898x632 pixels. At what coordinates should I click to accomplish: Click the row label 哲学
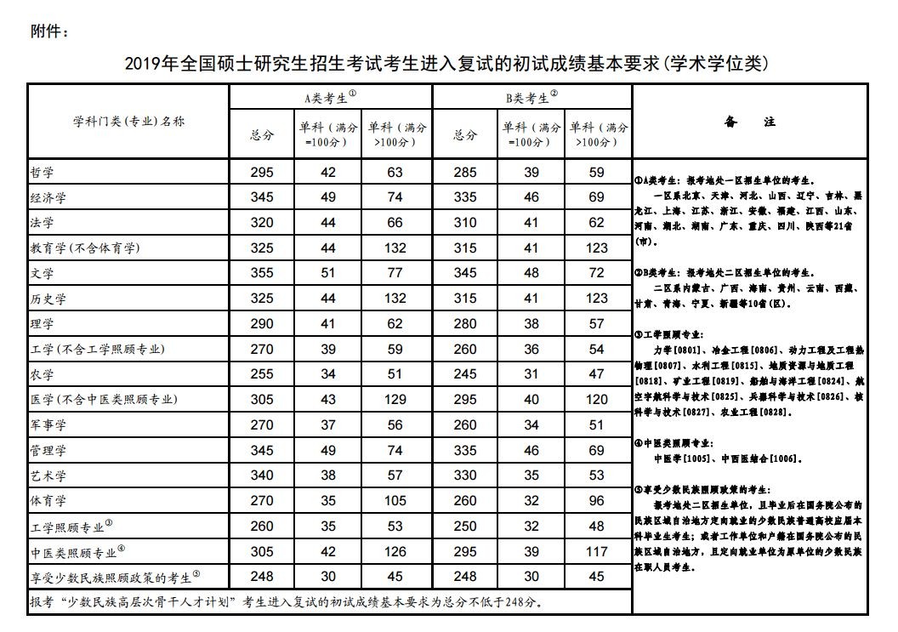coord(42,173)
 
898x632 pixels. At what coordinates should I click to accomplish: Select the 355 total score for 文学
coord(262,273)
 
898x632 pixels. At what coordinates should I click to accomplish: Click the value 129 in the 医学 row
coord(395,399)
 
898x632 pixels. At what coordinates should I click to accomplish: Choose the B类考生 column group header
coord(531,97)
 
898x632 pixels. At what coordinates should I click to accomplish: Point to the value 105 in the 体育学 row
coord(395,500)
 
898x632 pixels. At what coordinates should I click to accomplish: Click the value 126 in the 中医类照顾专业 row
coord(395,551)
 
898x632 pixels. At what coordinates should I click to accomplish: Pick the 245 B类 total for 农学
coord(465,374)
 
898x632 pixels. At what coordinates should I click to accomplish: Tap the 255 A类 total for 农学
coord(262,374)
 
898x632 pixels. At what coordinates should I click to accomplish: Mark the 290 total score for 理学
coord(262,324)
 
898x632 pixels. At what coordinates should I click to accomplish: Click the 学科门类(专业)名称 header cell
coord(128,122)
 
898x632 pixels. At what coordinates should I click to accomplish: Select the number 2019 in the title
coord(143,64)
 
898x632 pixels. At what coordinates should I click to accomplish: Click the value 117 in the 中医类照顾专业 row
coord(597,551)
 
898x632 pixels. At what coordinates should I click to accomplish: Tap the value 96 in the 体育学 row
coord(597,500)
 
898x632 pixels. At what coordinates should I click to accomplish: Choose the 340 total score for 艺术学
coord(262,475)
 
